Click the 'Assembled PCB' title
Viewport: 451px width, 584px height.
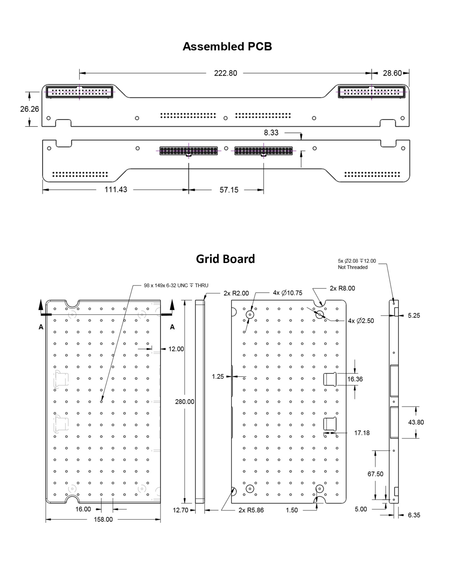pos(227,47)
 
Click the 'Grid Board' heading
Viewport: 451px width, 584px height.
pos(225,259)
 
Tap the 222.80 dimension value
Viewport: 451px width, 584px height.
pos(225,73)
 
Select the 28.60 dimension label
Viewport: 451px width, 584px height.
pos(392,73)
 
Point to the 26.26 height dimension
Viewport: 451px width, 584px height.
pos(30,109)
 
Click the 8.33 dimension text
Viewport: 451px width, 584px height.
pos(271,133)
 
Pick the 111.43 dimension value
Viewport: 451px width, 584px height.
pos(116,190)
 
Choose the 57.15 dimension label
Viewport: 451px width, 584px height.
pos(229,190)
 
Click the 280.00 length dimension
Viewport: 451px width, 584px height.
pos(185,402)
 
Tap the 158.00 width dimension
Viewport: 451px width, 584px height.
pos(103,519)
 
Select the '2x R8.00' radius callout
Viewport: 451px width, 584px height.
pos(342,288)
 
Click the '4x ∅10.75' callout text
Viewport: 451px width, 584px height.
pos(287,293)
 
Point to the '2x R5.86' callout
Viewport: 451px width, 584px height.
pos(251,510)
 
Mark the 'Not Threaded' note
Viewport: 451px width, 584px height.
pos(353,267)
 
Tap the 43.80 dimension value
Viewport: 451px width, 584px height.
pos(416,422)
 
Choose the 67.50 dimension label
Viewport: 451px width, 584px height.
pos(375,474)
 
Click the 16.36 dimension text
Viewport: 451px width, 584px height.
pos(355,379)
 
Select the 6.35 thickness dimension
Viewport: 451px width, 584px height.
pos(414,515)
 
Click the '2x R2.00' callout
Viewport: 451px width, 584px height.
pos(236,293)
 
